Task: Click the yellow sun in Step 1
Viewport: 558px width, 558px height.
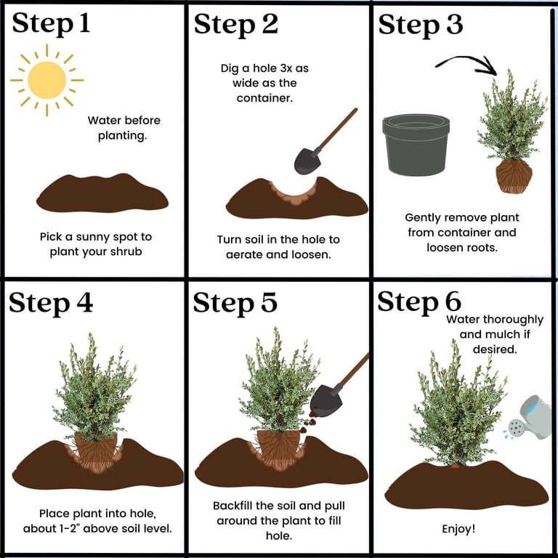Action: (47, 80)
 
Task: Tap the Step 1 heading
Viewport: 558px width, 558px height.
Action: (52, 24)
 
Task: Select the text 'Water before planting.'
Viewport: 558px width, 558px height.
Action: (124, 128)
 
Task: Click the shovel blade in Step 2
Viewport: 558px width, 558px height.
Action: (307, 161)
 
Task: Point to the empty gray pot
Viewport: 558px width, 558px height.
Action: (416, 145)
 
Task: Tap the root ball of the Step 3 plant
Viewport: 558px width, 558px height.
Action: (514, 176)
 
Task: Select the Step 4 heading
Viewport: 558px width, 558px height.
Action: (51, 303)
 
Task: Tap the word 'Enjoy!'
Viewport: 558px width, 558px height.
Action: (458, 529)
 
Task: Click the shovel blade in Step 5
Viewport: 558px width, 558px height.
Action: (325, 401)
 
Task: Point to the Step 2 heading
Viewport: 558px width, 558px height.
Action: (236, 25)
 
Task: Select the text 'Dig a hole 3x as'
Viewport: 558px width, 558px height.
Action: (264, 68)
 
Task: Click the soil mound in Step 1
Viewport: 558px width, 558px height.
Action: (102, 193)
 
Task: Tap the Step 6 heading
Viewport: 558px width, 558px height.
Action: (419, 302)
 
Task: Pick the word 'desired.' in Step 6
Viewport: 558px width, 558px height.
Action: (495, 349)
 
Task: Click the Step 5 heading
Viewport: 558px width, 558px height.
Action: (235, 303)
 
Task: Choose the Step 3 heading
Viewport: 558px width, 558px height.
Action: (421, 25)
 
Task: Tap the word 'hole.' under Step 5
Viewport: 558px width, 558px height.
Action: (279, 535)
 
